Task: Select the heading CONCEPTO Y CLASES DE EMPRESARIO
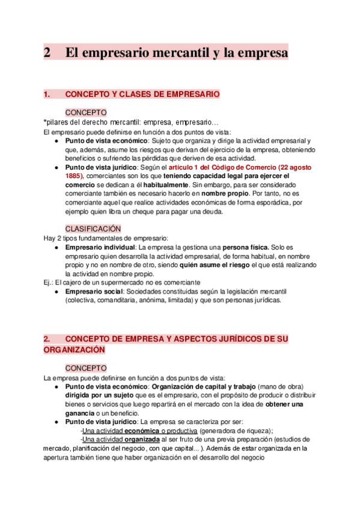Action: [142, 94]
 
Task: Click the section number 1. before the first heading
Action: [48, 94]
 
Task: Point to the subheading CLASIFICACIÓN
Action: [93, 229]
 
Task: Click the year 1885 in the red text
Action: [76, 176]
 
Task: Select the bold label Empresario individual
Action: [99, 247]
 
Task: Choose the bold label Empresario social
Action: [93, 291]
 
